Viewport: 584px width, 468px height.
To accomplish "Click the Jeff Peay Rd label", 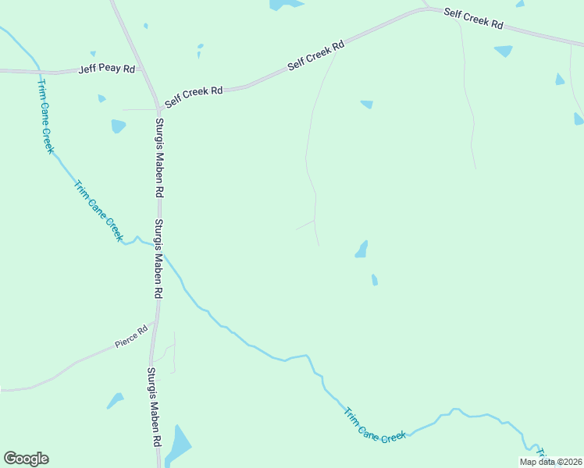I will point(107,69).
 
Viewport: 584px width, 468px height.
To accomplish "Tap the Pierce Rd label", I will point(131,336).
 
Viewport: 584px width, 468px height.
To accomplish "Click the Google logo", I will point(26,459).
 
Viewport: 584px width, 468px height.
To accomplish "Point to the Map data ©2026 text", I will point(551,462).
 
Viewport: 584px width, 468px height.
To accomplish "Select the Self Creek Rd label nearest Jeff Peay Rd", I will point(194,91).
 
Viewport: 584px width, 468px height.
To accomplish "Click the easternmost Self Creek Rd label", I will point(473,18).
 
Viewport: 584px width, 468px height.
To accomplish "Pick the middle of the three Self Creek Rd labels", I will point(316,57).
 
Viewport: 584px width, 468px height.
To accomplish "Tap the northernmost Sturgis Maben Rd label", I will point(159,157).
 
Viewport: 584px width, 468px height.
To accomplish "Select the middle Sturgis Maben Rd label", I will point(158,259).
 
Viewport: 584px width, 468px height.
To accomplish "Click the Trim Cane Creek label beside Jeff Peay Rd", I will point(45,115).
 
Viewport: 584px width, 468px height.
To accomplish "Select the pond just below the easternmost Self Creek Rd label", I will point(504,51).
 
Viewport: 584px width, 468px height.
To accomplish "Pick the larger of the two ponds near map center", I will point(361,250).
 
